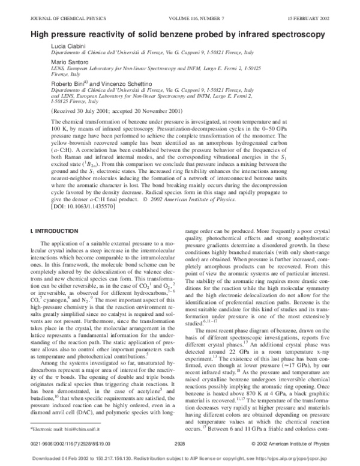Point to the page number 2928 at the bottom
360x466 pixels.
[179, 444]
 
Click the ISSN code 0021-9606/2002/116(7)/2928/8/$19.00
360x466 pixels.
[64, 444]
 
